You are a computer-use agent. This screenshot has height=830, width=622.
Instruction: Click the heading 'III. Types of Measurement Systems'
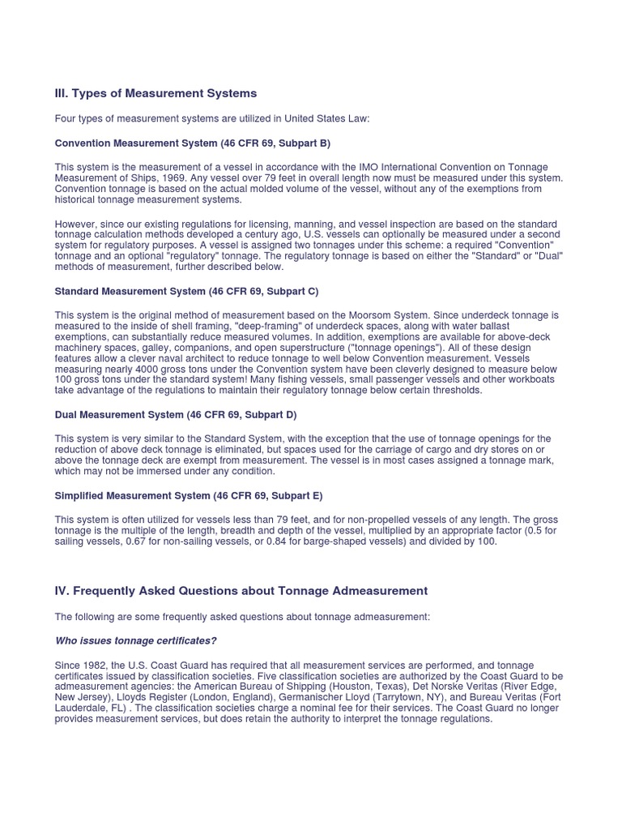[x=155, y=94]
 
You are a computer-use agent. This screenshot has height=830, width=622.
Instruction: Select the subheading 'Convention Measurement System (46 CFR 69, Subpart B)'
[x=192, y=143]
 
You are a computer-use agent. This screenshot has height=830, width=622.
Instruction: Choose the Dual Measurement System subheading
[x=176, y=414]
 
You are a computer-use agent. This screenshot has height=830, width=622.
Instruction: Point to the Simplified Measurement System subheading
[x=189, y=495]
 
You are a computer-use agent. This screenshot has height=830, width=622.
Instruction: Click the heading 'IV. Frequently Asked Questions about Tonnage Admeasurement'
[x=241, y=591]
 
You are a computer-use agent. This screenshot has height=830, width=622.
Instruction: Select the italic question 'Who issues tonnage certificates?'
[x=135, y=641]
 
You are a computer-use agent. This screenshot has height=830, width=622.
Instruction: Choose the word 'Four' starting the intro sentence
[x=66, y=119]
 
